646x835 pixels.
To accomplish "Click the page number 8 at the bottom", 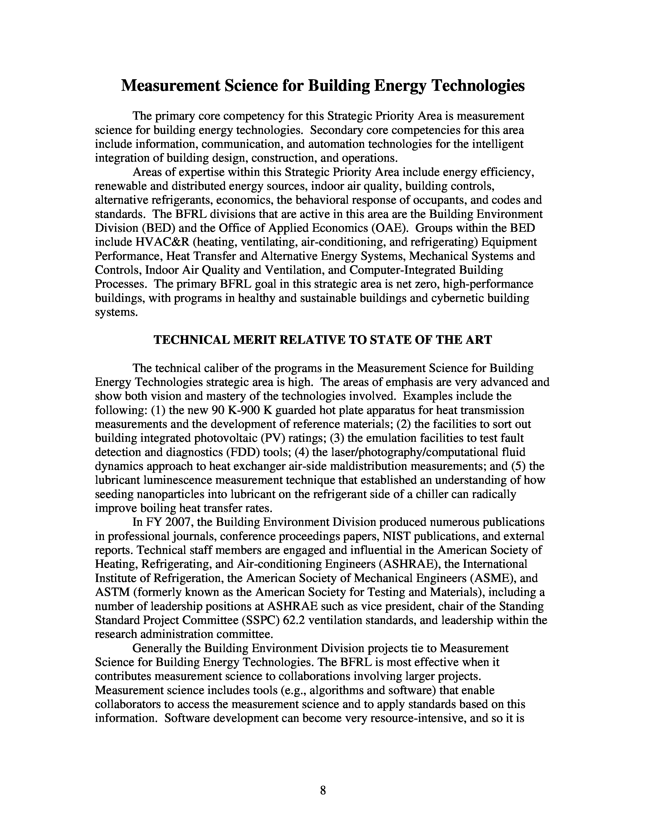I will pyautogui.click(x=322, y=790).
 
